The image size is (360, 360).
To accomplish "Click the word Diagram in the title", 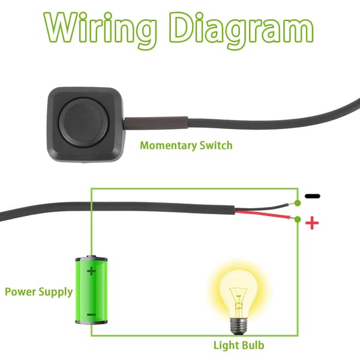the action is click(241, 30).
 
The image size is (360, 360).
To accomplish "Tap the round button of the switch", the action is click(84, 123).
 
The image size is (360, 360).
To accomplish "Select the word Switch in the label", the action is click(216, 145).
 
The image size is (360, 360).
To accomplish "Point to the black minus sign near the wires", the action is click(312, 196).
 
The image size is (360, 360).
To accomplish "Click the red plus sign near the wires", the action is click(312, 223).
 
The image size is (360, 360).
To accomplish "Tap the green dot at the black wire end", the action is click(298, 203).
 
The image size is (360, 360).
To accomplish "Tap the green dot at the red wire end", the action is click(298, 219).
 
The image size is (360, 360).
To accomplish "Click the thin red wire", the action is click(264, 214).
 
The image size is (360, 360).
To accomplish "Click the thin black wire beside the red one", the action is click(264, 208).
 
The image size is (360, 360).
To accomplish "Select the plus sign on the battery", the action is click(91, 271).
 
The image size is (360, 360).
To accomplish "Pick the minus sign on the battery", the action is click(92, 314).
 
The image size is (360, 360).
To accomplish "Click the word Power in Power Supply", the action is click(20, 292).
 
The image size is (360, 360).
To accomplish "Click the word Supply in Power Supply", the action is click(56, 293).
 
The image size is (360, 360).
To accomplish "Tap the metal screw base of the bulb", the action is click(239, 326).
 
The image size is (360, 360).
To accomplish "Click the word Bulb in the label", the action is click(253, 346).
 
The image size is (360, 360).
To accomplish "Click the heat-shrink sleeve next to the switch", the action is click(157, 123).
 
